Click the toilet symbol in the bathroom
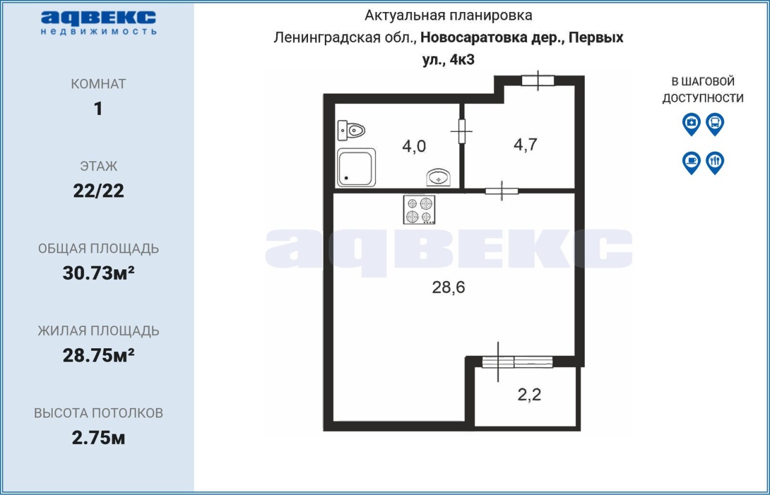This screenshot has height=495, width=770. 351,131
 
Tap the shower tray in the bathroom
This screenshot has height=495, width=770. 356,167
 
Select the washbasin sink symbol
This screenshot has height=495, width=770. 439,178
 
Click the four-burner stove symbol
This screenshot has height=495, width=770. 419,210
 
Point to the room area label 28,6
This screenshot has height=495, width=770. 448,287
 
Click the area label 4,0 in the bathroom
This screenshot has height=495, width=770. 414,146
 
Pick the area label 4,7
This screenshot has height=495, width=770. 525,145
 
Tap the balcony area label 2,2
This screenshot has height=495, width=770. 529,394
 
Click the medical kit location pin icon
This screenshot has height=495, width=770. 691,124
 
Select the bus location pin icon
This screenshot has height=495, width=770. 715,124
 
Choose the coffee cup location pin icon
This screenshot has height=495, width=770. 691,163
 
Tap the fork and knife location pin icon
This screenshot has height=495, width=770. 715,163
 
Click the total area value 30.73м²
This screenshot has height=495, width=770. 98,273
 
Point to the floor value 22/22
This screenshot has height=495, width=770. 98,191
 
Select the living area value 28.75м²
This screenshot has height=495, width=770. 98,355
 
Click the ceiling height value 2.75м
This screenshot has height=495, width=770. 98,438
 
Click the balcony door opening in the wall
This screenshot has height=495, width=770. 517,362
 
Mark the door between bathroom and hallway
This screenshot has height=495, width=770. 462,131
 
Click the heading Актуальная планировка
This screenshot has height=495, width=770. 448,16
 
